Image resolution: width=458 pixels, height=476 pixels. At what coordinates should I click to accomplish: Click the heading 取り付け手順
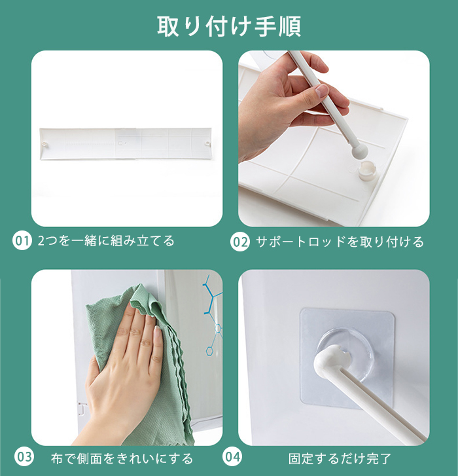coord(229,26)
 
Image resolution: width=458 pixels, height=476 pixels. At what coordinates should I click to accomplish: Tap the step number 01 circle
coord(22,241)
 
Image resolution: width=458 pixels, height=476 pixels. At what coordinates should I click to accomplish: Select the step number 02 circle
coord(240,242)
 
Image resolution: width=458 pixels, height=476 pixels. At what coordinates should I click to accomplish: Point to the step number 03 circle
coord(24,457)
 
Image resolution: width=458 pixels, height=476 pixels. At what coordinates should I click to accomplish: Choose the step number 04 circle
coord(233,457)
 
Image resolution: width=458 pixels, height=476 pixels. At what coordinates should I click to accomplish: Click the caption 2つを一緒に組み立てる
coord(106,241)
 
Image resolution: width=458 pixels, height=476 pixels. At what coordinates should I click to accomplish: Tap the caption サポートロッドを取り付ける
coord(340,242)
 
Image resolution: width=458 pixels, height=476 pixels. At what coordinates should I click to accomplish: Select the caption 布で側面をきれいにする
coord(122,458)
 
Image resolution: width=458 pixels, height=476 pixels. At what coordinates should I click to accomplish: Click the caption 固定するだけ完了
coord(340,458)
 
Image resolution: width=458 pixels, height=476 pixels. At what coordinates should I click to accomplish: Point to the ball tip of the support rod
coord(359,151)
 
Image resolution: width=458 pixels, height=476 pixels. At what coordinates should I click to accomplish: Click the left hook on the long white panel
coord(44,143)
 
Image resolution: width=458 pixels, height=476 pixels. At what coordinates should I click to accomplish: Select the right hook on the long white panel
coord(208,143)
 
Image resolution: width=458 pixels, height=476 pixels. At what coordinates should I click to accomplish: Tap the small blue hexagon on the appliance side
coord(209,351)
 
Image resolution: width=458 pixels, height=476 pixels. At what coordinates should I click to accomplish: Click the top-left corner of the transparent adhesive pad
coord(302,310)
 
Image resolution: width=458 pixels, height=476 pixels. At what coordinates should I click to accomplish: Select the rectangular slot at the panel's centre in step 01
coord(121,143)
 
